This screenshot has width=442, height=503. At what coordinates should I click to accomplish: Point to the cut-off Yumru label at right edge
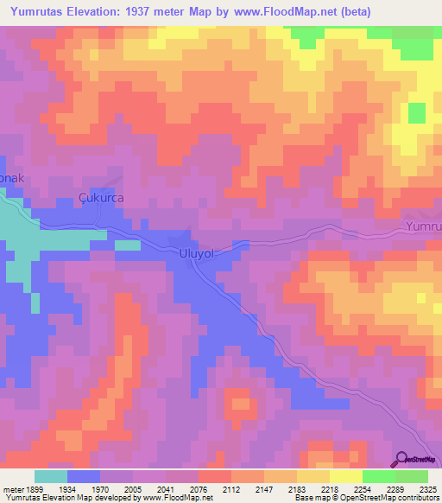(423, 227)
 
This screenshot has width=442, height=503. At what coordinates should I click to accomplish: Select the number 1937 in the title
(191, 12)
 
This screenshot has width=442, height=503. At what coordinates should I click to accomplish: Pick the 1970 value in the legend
(117, 488)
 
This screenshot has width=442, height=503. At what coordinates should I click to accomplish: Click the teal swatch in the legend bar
(50, 476)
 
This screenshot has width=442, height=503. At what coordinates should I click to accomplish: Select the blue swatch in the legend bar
(84, 476)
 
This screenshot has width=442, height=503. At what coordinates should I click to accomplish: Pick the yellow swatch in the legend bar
(345, 476)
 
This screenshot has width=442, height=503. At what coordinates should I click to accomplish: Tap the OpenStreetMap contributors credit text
(393, 499)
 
